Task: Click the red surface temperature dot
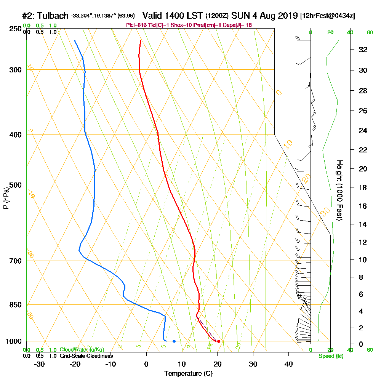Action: (x=218, y=341)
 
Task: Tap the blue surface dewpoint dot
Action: (x=174, y=341)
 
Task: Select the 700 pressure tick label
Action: (x=14, y=261)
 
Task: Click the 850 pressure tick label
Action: (x=14, y=305)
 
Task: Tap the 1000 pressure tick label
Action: (x=13, y=341)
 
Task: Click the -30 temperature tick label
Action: (x=40, y=364)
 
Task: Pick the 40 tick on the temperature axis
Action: (x=288, y=364)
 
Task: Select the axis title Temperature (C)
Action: (x=188, y=373)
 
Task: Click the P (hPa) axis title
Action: (x=6, y=198)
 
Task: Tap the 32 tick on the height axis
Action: (x=363, y=49)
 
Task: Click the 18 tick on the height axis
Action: (x=363, y=187)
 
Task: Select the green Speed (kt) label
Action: (x=331, y=356)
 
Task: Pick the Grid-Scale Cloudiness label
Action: (x=86, y=356)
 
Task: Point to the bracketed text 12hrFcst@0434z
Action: (x=328, y=16)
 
